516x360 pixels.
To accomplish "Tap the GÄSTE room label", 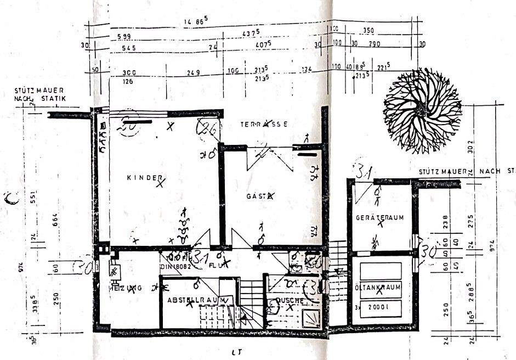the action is click(259, 195).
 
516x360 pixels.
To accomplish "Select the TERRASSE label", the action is click(264, 124).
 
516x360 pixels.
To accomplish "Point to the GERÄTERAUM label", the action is click(379, 217).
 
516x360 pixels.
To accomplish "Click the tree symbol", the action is click(422, 111).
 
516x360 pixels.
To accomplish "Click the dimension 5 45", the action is click(129, 48).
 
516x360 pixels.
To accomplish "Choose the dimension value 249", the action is click(193, 72).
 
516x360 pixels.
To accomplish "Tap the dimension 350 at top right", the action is click(368, 31).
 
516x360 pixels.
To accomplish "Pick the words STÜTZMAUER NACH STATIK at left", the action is click(40, 94).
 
